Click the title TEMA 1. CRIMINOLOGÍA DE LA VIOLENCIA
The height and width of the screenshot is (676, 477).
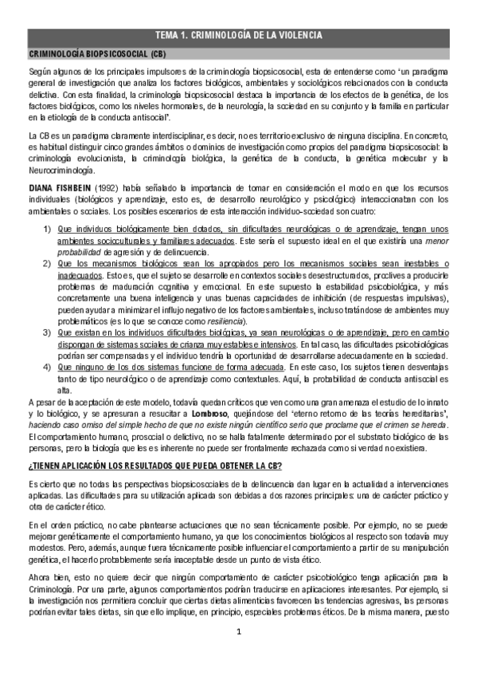tap(238, 35)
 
